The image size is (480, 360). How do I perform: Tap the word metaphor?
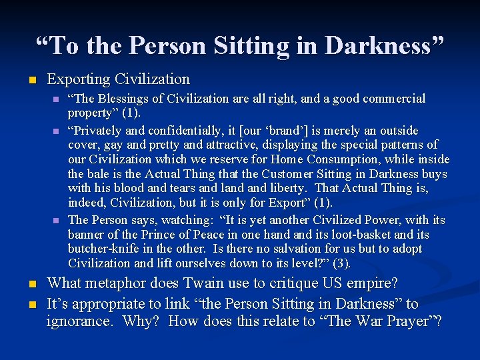(115, 283)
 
